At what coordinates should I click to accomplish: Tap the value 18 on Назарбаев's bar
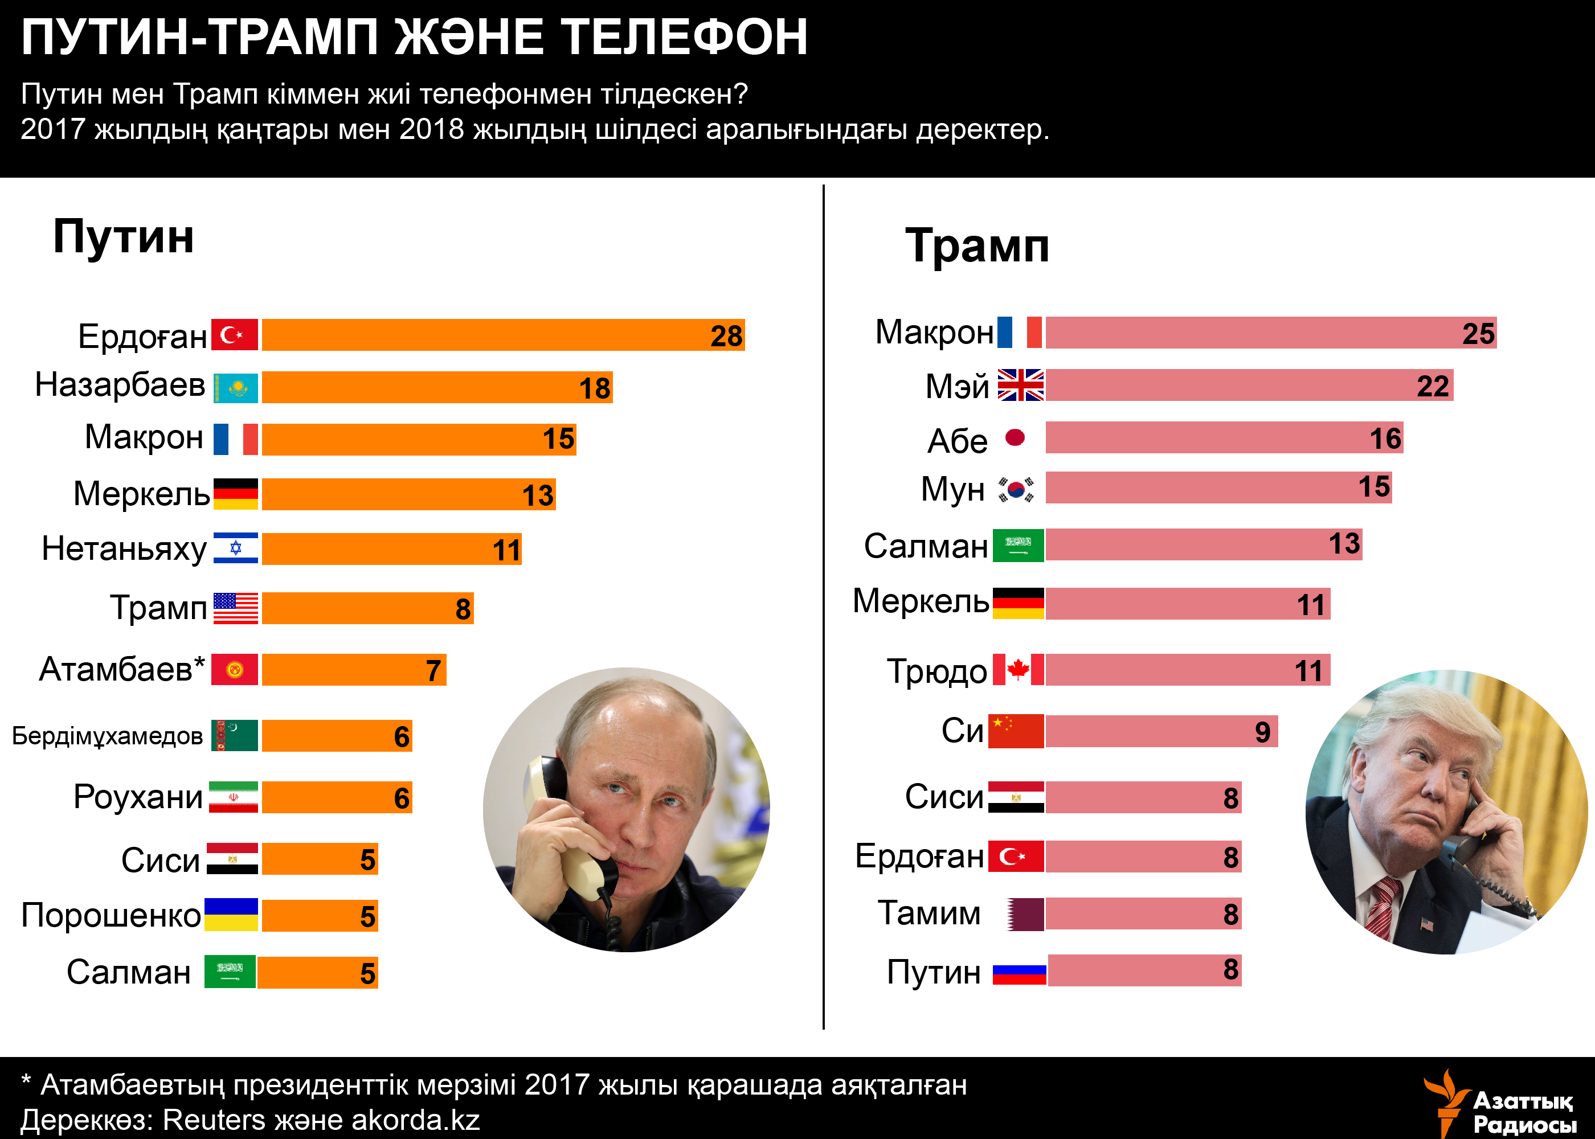click(x=595, y=388)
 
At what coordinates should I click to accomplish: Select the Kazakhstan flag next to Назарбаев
click(x=236, y=387)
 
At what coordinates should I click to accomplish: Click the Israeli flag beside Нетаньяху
click(x=236, y=548)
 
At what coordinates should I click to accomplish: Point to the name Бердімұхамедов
click(x=107, y=736)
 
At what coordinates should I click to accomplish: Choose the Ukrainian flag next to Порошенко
click(x=231, y=915)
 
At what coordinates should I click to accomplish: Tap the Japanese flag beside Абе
click(x=1015, y=437)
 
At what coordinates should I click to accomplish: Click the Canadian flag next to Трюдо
click(x=1019, y=669)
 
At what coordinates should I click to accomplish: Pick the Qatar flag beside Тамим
click(x=1025, y=915)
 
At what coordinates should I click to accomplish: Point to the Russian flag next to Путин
click(x=1019, y=973)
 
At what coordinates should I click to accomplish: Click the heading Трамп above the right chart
click(x=977, y=245)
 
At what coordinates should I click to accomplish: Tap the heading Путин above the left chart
click(x=124, y=236)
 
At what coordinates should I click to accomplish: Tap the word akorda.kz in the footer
click(x=415, y=1120)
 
